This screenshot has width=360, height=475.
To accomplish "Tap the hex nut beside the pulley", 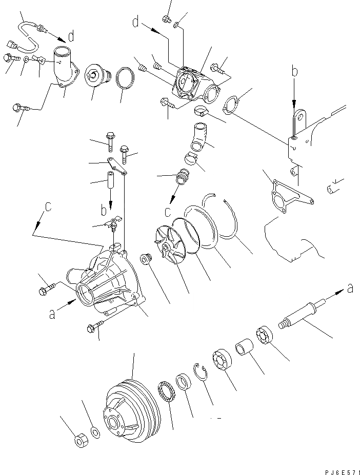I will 81,441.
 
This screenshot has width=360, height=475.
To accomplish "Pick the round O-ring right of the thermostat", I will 126,79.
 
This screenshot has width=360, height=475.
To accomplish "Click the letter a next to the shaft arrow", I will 350,288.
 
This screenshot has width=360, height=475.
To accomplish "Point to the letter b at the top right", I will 295,72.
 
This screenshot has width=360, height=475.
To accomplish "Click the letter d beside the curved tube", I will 71,36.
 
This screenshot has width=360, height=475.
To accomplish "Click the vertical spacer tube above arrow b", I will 110,182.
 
